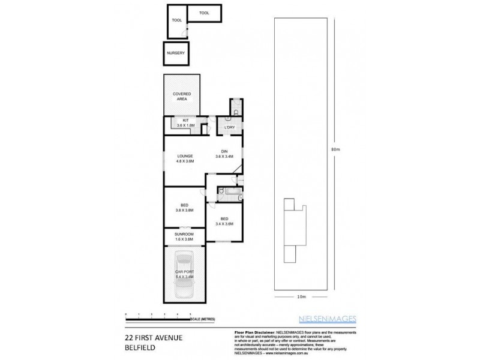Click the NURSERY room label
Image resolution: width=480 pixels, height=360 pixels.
pyautogui.click(x=176, y=53)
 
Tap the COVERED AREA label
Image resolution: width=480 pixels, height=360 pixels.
pyautogui.click(x=182, y=97)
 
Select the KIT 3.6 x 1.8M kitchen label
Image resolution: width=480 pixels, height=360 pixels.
pyautogui.click(x=185, y=124)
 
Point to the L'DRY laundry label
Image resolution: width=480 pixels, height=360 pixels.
pyautogui.click(x=229, y=128)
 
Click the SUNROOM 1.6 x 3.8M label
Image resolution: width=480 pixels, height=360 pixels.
pyautogui.click(x=184, y=236)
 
